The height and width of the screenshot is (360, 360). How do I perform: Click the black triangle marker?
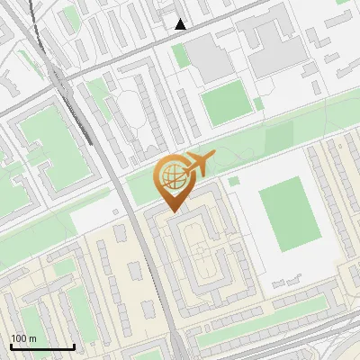[x=181, y=24]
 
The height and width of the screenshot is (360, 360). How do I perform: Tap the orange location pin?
[x=173, y=181]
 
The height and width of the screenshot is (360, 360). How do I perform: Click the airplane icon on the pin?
[x=198, y=163]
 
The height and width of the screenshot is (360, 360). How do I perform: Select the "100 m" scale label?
[x=24, y=338]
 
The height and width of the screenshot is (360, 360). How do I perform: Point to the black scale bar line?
[x=42, y=347]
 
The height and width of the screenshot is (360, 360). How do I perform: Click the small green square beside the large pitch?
[x=233, y=181]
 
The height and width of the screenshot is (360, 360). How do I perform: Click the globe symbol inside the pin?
[x=171, y=176]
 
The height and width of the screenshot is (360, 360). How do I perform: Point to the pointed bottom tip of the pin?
[x=172, y=210]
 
